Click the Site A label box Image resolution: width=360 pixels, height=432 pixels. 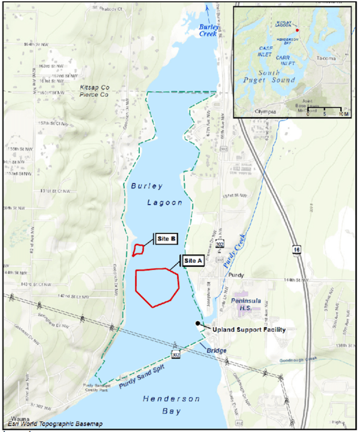click(193, 261)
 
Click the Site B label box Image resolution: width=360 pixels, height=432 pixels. click(166, 239)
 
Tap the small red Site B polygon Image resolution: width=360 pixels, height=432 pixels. click(138, 250)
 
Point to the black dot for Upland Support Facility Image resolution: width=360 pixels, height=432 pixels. click(198, 323)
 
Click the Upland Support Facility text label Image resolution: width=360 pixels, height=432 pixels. click(249, 330)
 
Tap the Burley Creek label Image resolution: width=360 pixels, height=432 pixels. click(208, 30)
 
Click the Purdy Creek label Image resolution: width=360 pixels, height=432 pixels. click(234, 252)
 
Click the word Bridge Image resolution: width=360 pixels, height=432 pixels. click(216, 350)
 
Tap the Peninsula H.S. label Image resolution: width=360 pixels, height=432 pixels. click(246, 304)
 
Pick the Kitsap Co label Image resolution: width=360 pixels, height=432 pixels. click(94, 87)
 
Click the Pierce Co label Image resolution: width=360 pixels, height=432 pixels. click(94, 95)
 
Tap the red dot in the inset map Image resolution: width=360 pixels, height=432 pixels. click(297, 30)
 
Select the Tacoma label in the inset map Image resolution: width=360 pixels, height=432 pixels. click(326, 58)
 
